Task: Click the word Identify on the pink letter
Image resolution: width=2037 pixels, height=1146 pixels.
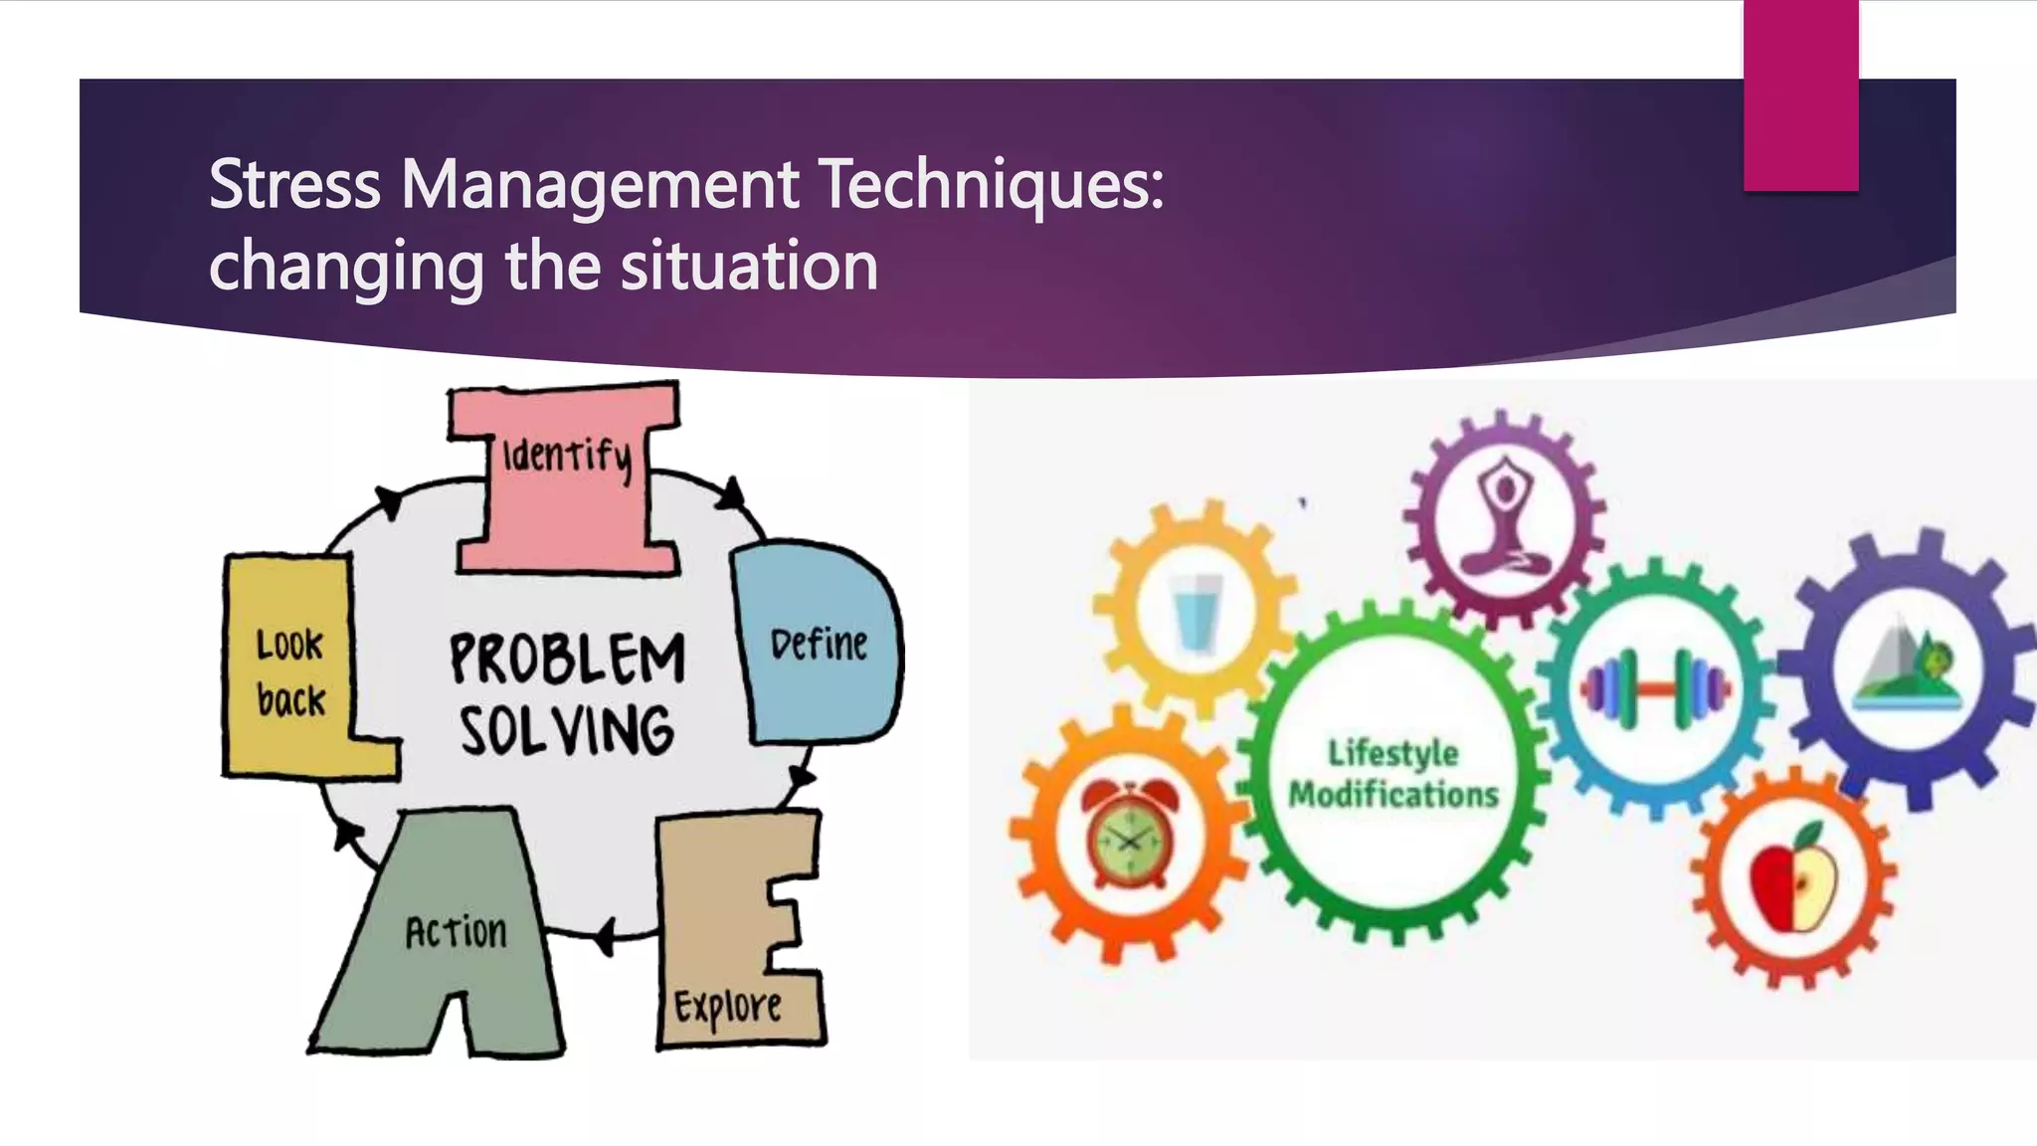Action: [567, 458]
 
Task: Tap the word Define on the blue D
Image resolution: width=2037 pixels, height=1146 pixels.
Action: [819, 645]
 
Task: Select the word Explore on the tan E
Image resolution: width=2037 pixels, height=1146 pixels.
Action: [727, 1007]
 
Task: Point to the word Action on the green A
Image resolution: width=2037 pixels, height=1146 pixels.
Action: [456, 932]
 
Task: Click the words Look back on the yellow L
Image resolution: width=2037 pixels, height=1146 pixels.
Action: [290, 672]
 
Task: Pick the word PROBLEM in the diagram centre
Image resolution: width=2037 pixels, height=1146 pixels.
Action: [567, 659]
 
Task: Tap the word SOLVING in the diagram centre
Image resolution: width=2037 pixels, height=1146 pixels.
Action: [567, 731]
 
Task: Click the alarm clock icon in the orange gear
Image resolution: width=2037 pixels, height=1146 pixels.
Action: [1129, 834]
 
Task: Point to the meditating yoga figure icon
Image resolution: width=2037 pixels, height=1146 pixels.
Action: [1505, 517]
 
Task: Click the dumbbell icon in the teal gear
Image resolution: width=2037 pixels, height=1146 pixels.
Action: [1656, 688]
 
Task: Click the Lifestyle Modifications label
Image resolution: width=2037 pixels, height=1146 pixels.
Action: [1393, 774]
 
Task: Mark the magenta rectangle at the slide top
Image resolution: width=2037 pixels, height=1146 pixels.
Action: [1800, 95]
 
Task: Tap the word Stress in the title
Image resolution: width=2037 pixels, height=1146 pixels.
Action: [294, 185]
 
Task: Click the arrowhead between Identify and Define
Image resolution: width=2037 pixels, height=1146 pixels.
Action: [733, 493]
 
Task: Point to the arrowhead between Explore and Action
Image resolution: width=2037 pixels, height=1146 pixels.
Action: [606, 935]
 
